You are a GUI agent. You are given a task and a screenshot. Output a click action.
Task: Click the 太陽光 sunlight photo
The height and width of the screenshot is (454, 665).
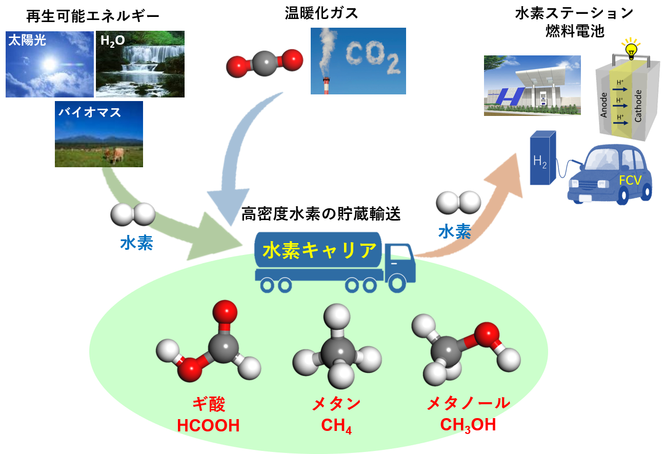click(x=49, y=64)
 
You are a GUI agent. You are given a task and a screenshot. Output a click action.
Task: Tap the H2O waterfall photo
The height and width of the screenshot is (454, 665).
click(x=140, y=64)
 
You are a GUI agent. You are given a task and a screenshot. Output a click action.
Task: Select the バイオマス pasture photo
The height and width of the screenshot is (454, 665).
click(x=98, y=134)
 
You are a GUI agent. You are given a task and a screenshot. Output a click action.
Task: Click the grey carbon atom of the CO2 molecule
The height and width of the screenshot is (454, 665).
click(x=265, y=63)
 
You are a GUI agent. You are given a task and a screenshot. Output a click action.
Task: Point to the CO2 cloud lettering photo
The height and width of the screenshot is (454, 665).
click(x=358, y=61)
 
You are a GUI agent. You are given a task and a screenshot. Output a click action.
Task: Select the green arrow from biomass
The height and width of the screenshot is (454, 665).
click(x=169, y=215)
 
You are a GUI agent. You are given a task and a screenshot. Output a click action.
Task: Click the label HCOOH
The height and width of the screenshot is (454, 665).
click(x=208, y=426)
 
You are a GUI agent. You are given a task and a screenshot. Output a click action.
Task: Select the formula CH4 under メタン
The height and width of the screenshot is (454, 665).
click(x=336, y=426)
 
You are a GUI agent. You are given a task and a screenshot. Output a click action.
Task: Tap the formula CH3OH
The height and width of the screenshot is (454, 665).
click(x=468, y=426)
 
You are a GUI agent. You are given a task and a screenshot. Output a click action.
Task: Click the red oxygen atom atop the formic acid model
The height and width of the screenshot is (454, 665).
click(x=224, y=311)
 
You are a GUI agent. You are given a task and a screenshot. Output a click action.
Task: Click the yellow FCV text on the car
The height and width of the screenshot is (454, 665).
click(x=630, y=181)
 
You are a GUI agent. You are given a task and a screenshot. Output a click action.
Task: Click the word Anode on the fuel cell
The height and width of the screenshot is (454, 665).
click(x=604, y=105)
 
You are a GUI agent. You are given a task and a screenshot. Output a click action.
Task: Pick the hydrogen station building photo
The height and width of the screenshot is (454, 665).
click(x=532, y=86)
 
